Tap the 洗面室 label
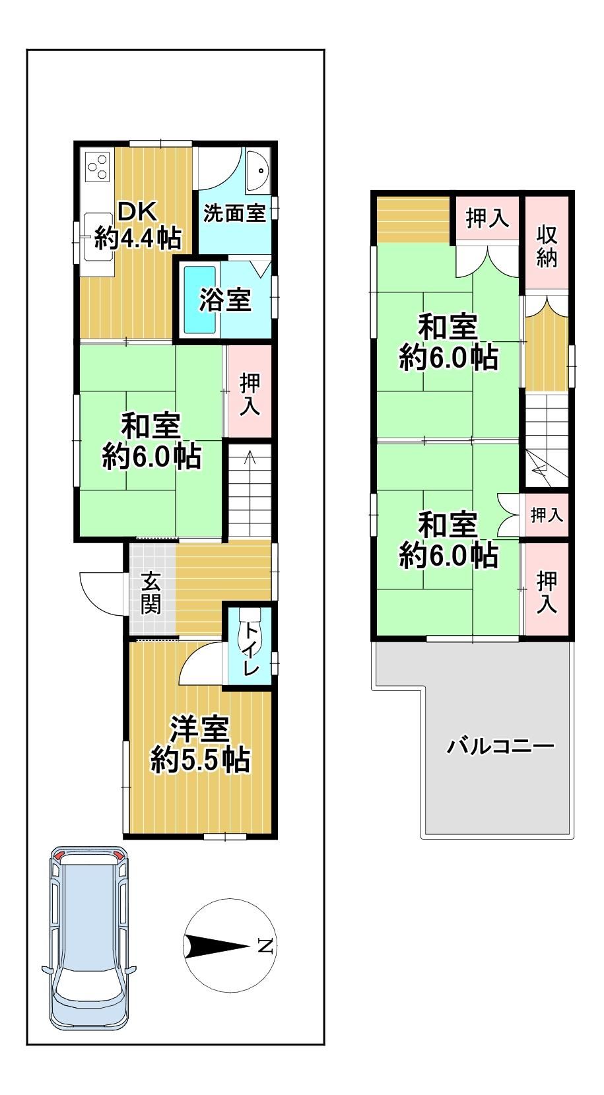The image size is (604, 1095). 234,213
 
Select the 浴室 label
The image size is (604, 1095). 225,300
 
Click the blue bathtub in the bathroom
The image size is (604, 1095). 199,300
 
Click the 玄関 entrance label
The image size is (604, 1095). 151,593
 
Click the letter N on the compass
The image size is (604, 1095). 265,946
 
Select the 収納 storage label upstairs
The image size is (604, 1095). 547,247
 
